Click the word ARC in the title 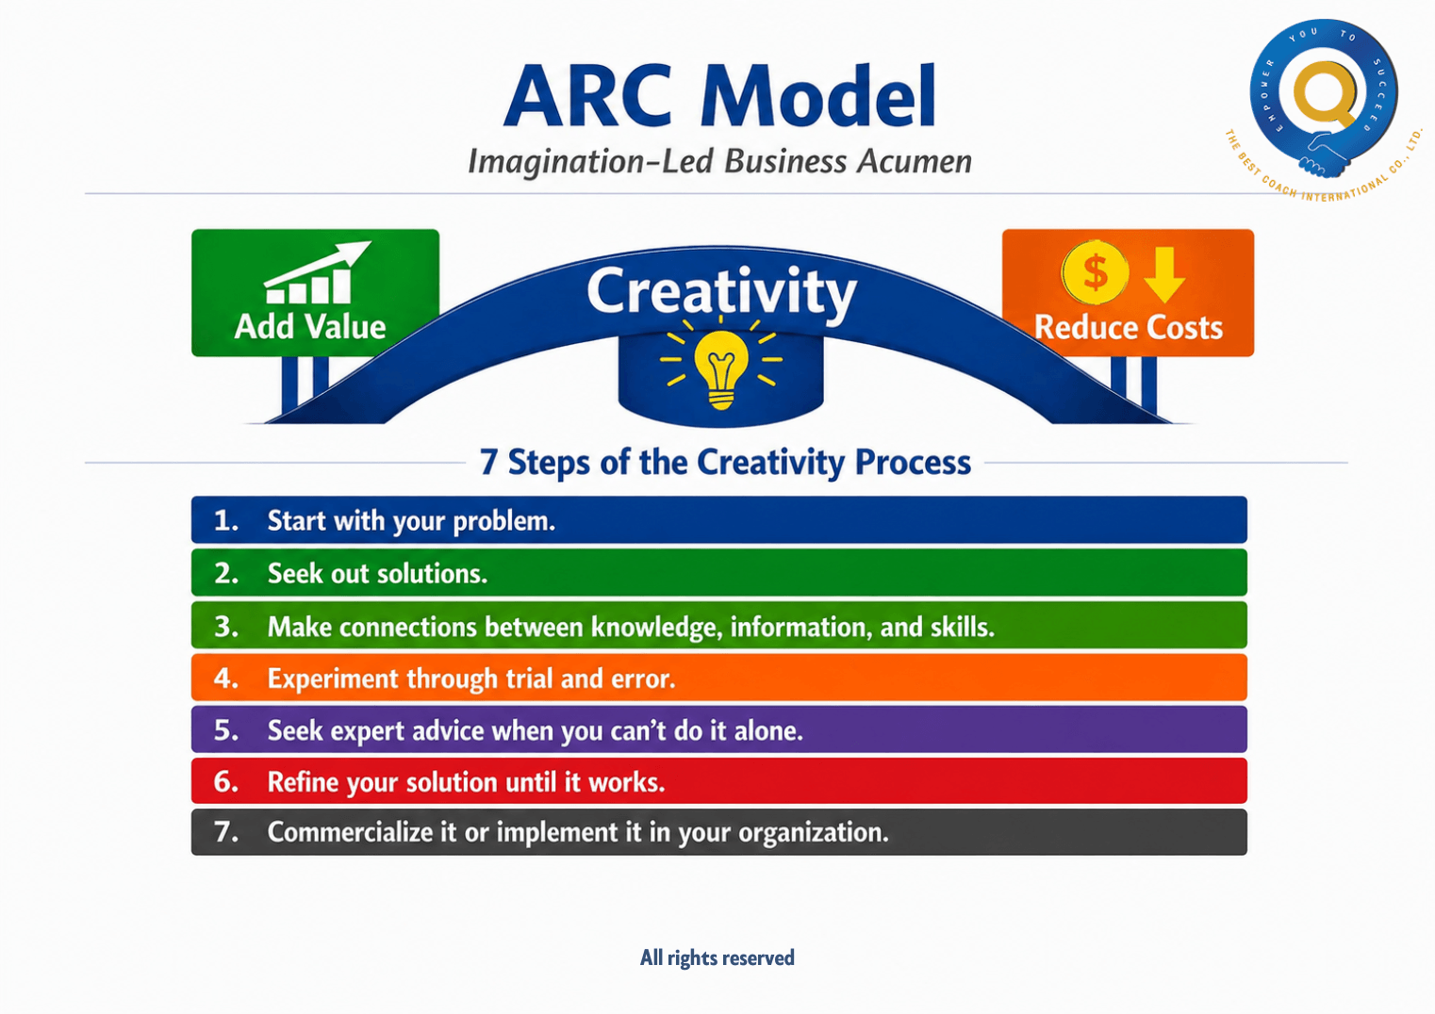(x=588, y=97)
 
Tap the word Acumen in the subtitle (x=915, y=161)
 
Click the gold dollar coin (x=1096, y=272)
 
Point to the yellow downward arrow (x=1164, y=275)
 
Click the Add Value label (x=310, y=326)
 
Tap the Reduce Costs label (x=1129, y=327)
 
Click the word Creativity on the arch (x=721, y=292)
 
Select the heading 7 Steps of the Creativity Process (x=725, y=462)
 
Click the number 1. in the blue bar (x=226, y=520)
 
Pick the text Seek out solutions (x=377, y=574)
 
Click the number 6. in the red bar (x=226, y=781)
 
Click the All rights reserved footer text (x=717, y=957)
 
